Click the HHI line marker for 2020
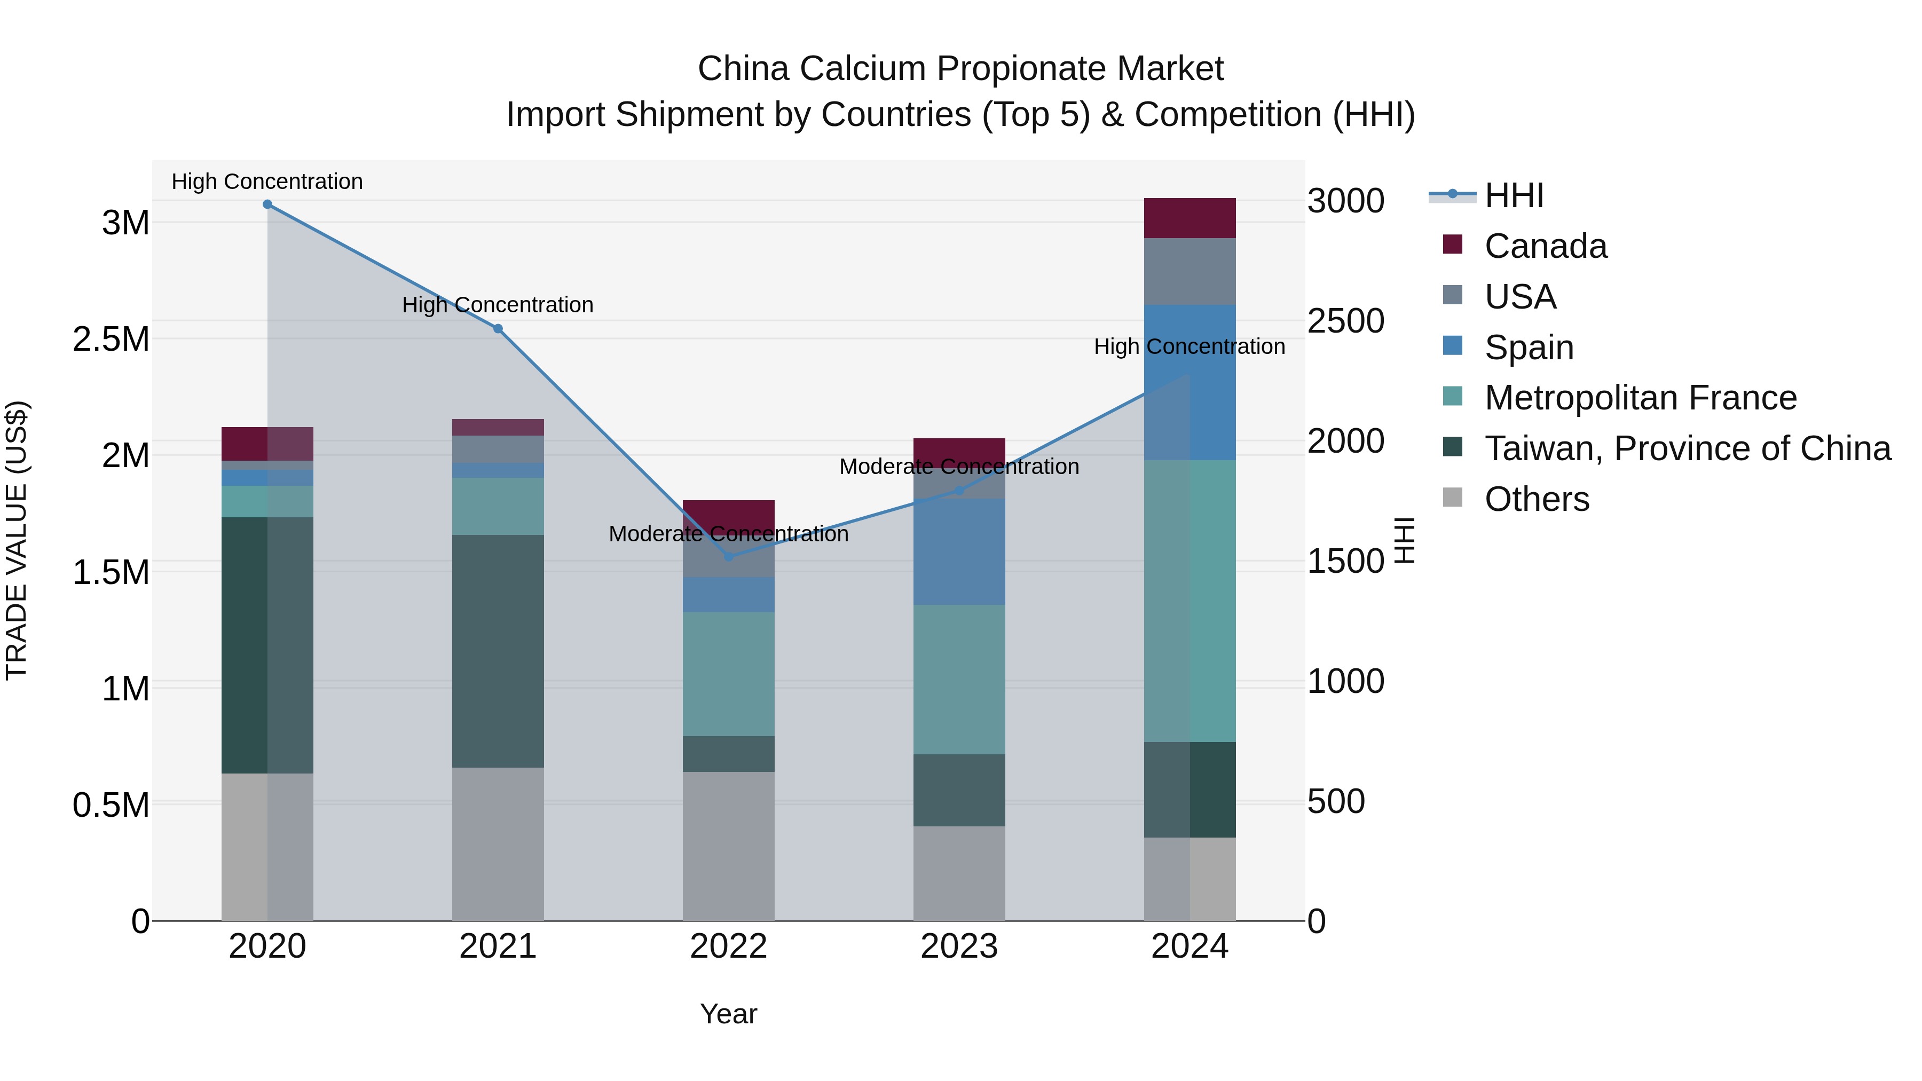click(267, 204)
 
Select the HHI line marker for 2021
click(498, 329)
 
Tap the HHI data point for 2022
click(728, 557)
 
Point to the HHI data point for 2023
click(959, 491)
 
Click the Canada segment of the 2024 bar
click(1190, 218)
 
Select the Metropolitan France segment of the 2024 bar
click(1190, 601)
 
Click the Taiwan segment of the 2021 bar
click(498, 651)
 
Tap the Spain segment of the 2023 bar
click(959, 551)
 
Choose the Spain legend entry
click(1529, 348)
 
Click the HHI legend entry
click(1514, 195)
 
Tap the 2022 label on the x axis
click(728, 946)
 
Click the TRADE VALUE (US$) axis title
click(17, 540)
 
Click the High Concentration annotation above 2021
click(498, 305)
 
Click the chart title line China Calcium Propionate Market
click(960, 69)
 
